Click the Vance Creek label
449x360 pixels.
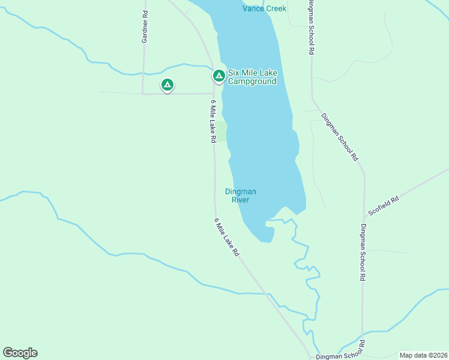click(264, 8)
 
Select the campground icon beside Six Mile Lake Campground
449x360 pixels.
click(218, 76)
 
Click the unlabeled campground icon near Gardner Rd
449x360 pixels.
click(167, 85)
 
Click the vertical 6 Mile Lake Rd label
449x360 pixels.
click(212, 121)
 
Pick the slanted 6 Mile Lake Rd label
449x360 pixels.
click(226, 238)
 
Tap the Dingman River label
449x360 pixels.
click(240, 196)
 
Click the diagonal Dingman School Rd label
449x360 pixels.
click(339, 137)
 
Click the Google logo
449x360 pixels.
click(20, 353)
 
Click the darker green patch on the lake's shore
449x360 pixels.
click(221, 131)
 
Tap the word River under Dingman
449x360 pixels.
click(240, 200)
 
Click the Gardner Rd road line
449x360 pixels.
click(143, 66)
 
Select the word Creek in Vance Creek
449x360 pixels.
click(275, 8)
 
